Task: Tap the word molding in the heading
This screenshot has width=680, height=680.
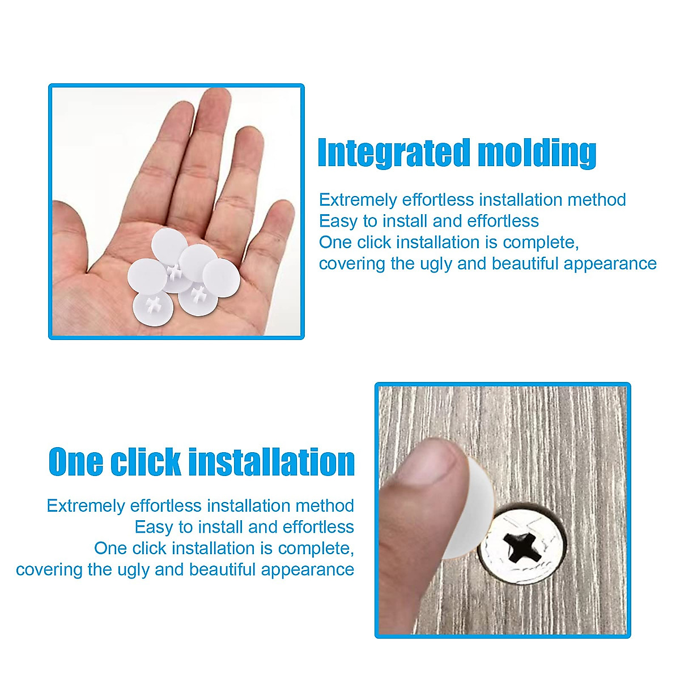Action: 536,154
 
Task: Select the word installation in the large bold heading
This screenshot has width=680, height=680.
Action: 271,462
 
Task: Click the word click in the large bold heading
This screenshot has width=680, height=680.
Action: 145,462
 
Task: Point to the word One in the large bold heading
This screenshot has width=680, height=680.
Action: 76,462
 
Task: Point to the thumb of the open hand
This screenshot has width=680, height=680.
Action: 71,238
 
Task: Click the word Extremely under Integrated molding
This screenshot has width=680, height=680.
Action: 358,200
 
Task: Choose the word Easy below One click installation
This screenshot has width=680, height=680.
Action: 154,527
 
